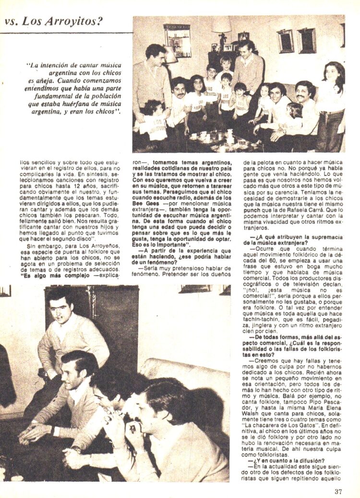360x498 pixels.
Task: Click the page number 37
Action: point(339,491)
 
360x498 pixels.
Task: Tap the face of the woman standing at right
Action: point(333,72)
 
